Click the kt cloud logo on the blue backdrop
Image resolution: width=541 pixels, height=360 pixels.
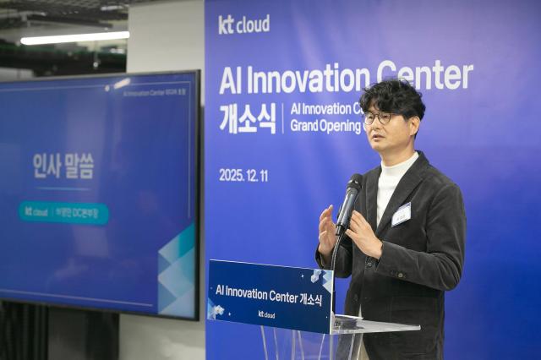243,25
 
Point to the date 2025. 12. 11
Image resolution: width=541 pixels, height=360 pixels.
243,175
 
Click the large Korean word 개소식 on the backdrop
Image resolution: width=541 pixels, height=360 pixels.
247,120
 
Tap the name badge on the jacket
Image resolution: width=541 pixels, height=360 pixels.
401,214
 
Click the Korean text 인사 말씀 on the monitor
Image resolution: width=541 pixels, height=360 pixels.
63,165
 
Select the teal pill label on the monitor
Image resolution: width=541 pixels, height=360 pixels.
63,212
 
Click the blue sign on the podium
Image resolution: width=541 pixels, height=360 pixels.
270,296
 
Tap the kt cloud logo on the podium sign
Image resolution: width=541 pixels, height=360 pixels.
266,314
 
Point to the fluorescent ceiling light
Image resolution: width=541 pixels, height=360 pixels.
74,37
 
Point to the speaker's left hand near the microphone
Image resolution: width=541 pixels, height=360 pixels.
364,232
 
